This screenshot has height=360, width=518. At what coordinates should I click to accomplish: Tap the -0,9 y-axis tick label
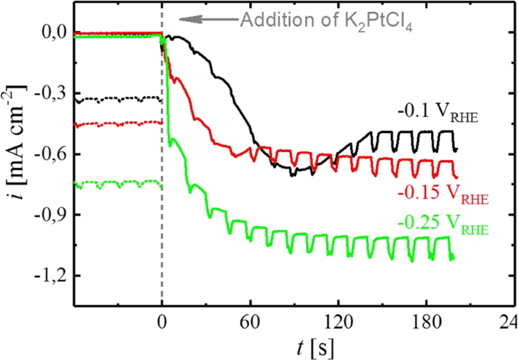coord(50,215)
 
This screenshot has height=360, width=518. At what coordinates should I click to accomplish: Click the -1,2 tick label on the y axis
coord(50,276)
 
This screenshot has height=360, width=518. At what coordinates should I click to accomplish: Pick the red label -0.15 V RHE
coord(442,196)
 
